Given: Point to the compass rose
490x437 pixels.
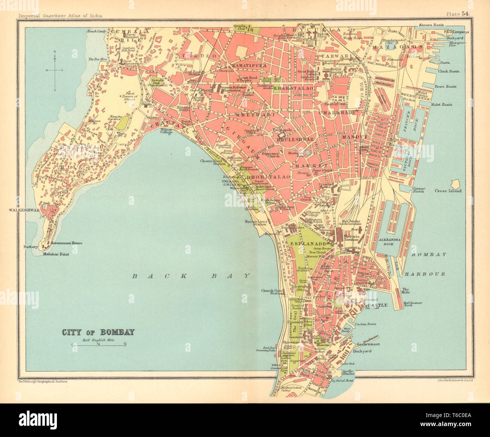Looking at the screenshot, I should tap(55, 70).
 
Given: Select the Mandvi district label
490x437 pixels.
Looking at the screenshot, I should tap(351, 138).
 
